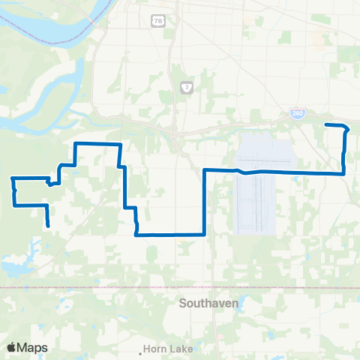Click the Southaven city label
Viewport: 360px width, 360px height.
coord(208,304)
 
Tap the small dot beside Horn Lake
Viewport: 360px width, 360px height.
coord(142,350)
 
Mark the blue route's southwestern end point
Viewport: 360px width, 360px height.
coord(49,225)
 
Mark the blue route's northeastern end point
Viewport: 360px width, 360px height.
coord(325,124)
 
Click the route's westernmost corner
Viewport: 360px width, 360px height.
coord(13,178)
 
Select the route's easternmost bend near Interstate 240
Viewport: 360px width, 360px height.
coord(347,129)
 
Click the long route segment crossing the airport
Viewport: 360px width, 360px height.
coord(277,172)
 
